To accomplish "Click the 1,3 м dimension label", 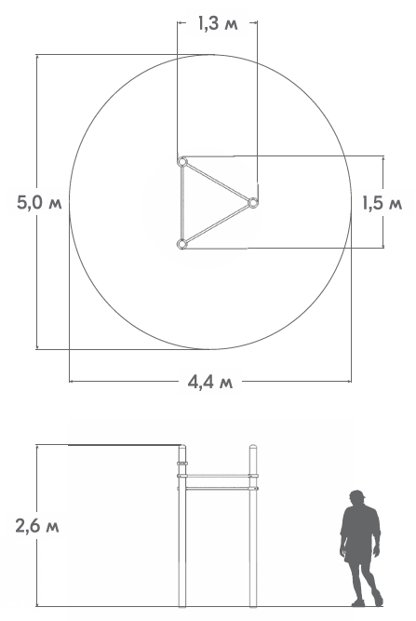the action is [x=218, y=24].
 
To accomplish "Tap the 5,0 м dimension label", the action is [x=39, y=203].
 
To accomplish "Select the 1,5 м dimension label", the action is [x=382, y=203].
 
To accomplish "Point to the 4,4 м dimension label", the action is [x=210, y=382].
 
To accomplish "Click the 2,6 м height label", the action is [x=37, y=526].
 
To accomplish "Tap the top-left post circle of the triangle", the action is [x=182, y=162].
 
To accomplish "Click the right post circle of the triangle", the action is [x=252, y=203].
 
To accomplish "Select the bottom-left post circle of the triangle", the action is [x=181, y=244].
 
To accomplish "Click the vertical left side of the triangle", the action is [x=182, y=203].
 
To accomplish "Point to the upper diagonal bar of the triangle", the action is [x=217, y=182].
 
